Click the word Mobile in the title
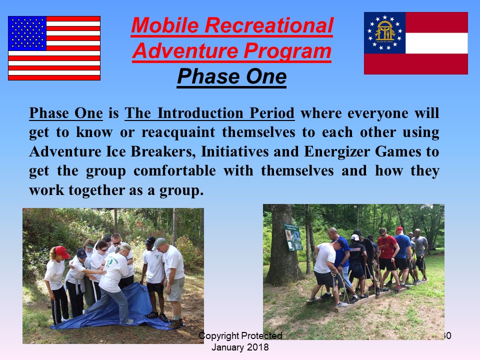tap(165, 25)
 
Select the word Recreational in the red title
tap(269, 25)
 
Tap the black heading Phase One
tap(231, 76)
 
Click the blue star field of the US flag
tap(27, 33)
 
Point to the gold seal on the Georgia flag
tap(385, 32)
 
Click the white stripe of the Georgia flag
tap(436, 43)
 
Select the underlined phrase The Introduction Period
tap(209, 113)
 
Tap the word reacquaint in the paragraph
tap(178, 132)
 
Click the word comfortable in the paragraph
tap(174, 170)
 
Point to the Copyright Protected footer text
tap(240, 336)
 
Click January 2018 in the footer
tap(240, 347)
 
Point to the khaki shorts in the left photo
tap(175, 289)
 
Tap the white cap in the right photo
tap(355, 237)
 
